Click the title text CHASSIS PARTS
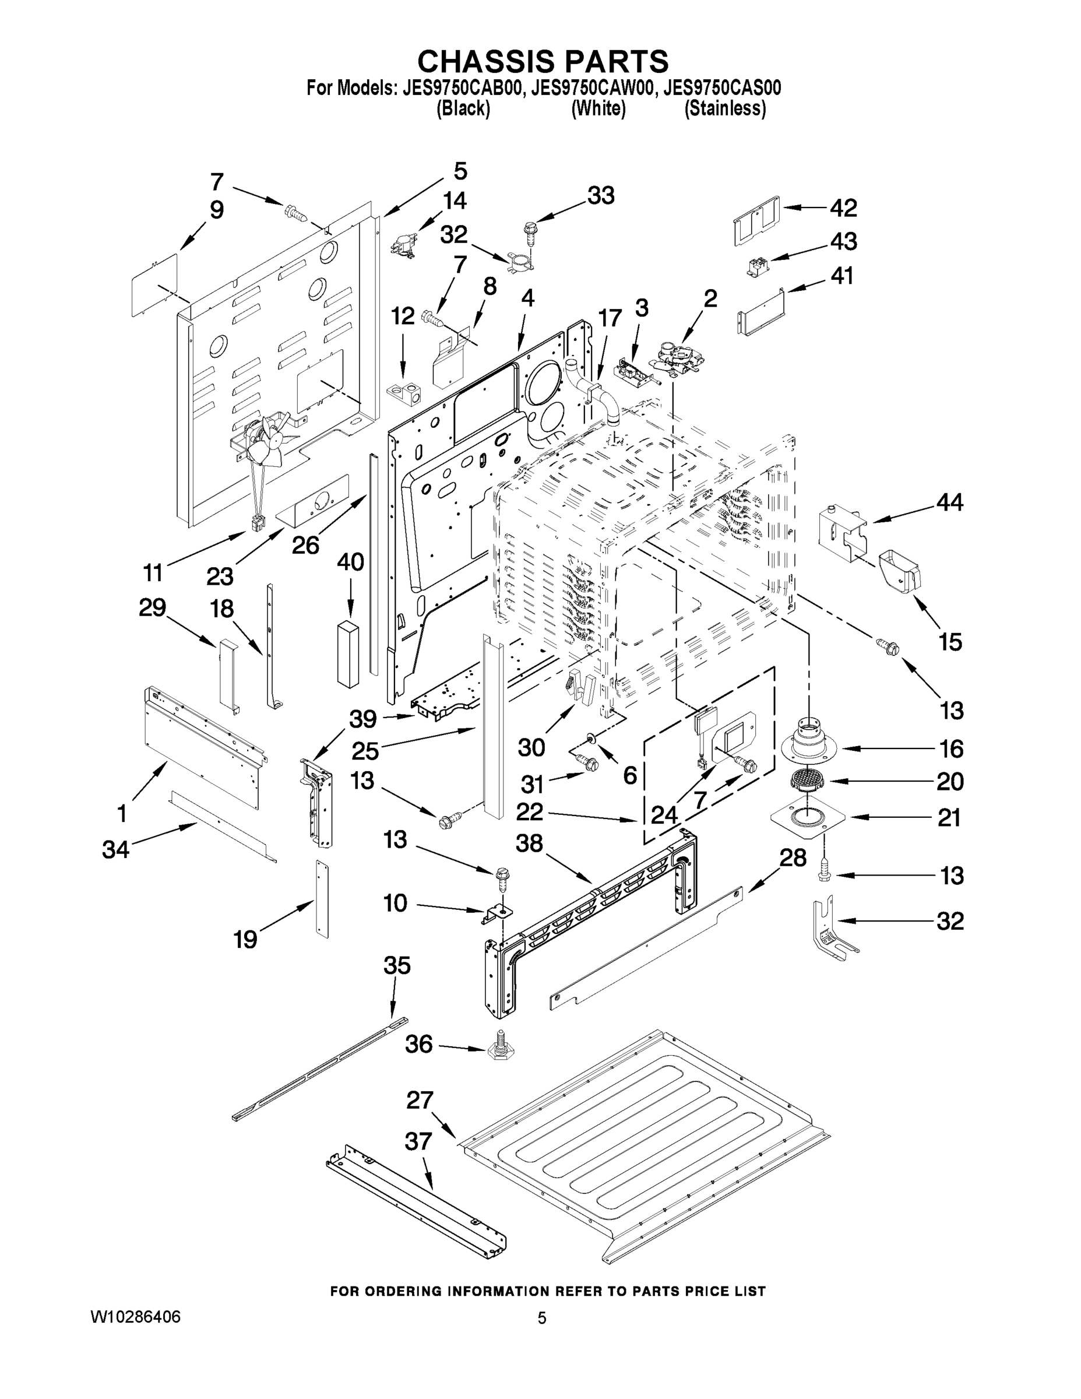pyautogui.click(x=543, y=61)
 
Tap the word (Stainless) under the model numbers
pyautogui.click(x=725, y=109)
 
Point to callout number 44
pyautogui.click(x=950, y=503)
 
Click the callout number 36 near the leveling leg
pyautogui.click(x=419, y=1045)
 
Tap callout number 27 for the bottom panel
pyautogui.click(x=420, y=1101)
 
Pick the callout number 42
pyautogui.click(x=843, y=208)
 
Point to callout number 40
pyautogui.click(x=350, y=563)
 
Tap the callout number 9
pyautogui.click(x=217, y=210)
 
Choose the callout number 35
pyautogui.click(x=396, y=965)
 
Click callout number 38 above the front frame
pyautogui.click(x=530, y=843)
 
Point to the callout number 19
pyautogui.click(x=245, y=940)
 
